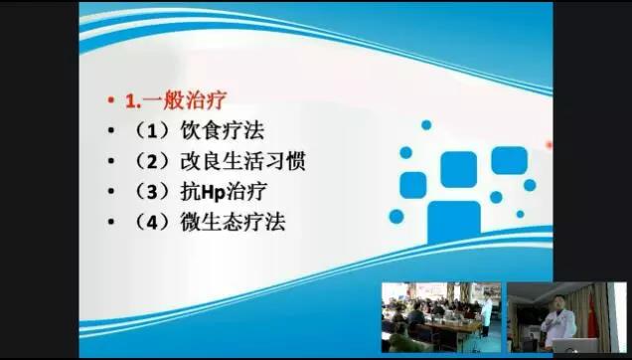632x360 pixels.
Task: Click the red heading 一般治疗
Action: [196, 100]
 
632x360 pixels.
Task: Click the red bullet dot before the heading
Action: [111, 101]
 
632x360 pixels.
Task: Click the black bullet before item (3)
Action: [111, 192]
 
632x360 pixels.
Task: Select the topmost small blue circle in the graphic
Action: [426, 125]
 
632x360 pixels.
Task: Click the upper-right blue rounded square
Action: [508, 160]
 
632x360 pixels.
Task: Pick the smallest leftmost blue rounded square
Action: [413, 183]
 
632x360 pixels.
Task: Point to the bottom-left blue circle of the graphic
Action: [396, 216]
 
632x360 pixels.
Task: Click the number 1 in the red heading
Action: [129, 100]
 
